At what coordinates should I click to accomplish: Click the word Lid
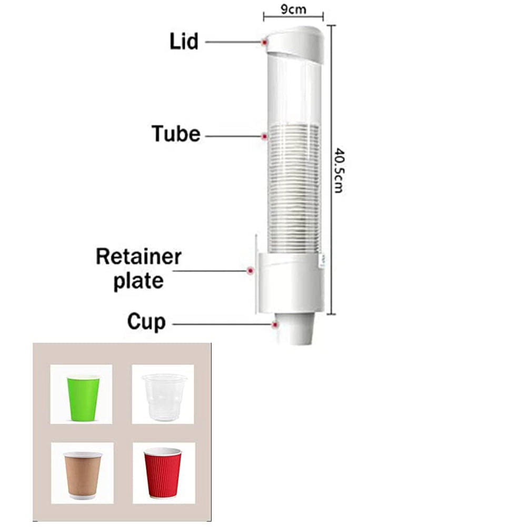[184, 42]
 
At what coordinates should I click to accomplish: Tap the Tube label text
[176, 134]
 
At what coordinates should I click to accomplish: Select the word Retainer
[138, 257]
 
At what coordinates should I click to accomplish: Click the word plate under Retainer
[137, 281]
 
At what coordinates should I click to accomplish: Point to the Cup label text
[146, 322]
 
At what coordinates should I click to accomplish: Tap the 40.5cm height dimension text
[338, 170]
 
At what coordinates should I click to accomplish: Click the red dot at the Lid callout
[264, 42]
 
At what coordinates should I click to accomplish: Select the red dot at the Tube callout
[264, 136]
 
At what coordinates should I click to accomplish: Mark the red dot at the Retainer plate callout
[251, 271]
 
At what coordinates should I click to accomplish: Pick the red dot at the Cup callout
[275, 324]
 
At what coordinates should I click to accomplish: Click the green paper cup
[83, 397]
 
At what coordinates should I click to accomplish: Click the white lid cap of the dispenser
[295, 42]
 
